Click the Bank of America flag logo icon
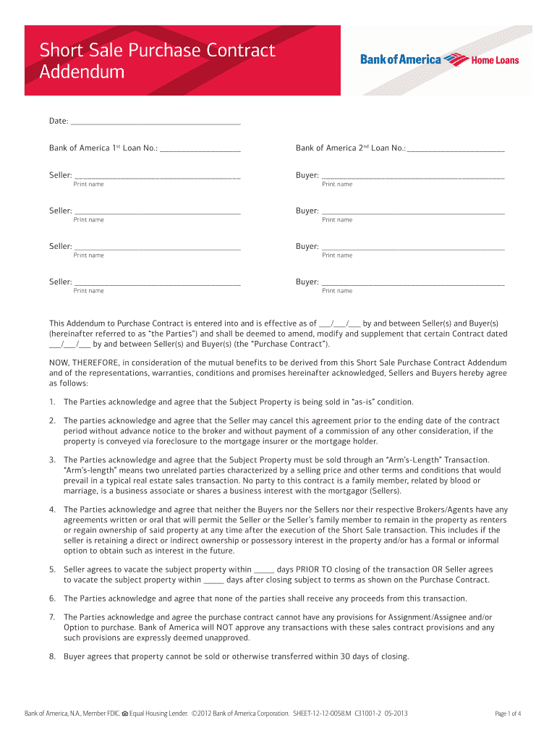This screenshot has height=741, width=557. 456,59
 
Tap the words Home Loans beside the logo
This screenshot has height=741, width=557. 496,60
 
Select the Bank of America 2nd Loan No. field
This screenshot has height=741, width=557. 456,148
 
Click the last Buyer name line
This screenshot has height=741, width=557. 412,282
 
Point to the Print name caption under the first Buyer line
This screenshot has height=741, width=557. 337,185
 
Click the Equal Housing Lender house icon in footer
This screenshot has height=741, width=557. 124,714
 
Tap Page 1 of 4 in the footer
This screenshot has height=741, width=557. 508,714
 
